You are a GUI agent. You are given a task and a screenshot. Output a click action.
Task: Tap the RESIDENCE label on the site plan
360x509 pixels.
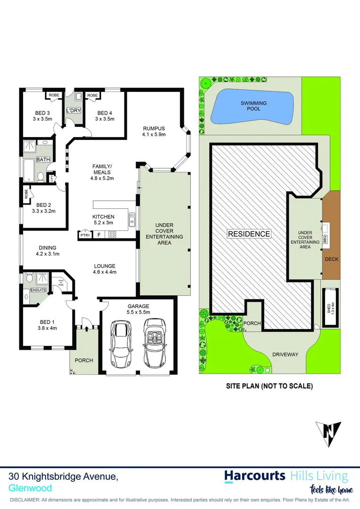coord(249,234)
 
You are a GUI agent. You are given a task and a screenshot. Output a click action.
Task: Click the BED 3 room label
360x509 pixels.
coord(42,113)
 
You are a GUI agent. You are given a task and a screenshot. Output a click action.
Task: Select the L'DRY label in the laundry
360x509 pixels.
coord(74,110)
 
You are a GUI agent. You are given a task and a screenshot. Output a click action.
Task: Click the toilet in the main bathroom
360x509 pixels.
coord(41,177)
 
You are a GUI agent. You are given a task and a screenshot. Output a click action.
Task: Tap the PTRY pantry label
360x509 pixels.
coord(85,235)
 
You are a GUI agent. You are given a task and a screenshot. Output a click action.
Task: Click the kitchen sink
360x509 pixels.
coord(132,219)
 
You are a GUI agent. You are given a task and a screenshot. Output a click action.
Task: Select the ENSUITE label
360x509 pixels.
coord(38,290)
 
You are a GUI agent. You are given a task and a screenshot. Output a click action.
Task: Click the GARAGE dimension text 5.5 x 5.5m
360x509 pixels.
coord(138,312)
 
